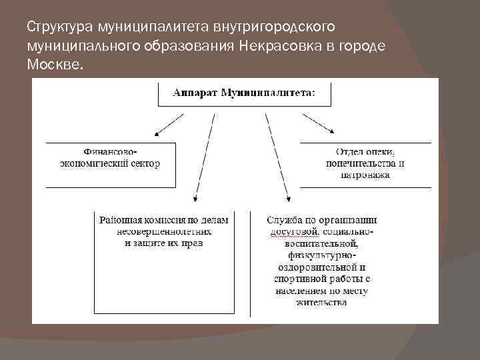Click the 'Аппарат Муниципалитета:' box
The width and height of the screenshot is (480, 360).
click(244, 93)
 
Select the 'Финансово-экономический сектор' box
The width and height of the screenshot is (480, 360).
click(111, 163)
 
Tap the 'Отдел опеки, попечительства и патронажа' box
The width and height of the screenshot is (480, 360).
click(365, 163)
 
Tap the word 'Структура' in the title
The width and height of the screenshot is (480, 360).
click(60, 27)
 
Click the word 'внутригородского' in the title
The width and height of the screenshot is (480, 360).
click(275, 27)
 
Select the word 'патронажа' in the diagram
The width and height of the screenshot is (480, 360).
click(365, 175)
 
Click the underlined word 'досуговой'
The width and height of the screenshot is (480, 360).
click(294, 231)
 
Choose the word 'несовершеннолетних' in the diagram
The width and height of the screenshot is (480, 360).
click(163, 231)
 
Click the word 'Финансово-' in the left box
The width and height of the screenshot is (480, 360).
click(110, 151)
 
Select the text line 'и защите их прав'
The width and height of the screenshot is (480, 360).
click(163, 243)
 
